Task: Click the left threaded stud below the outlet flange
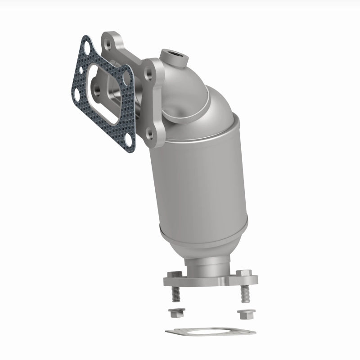pyautogui.click(x=175, y=295)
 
